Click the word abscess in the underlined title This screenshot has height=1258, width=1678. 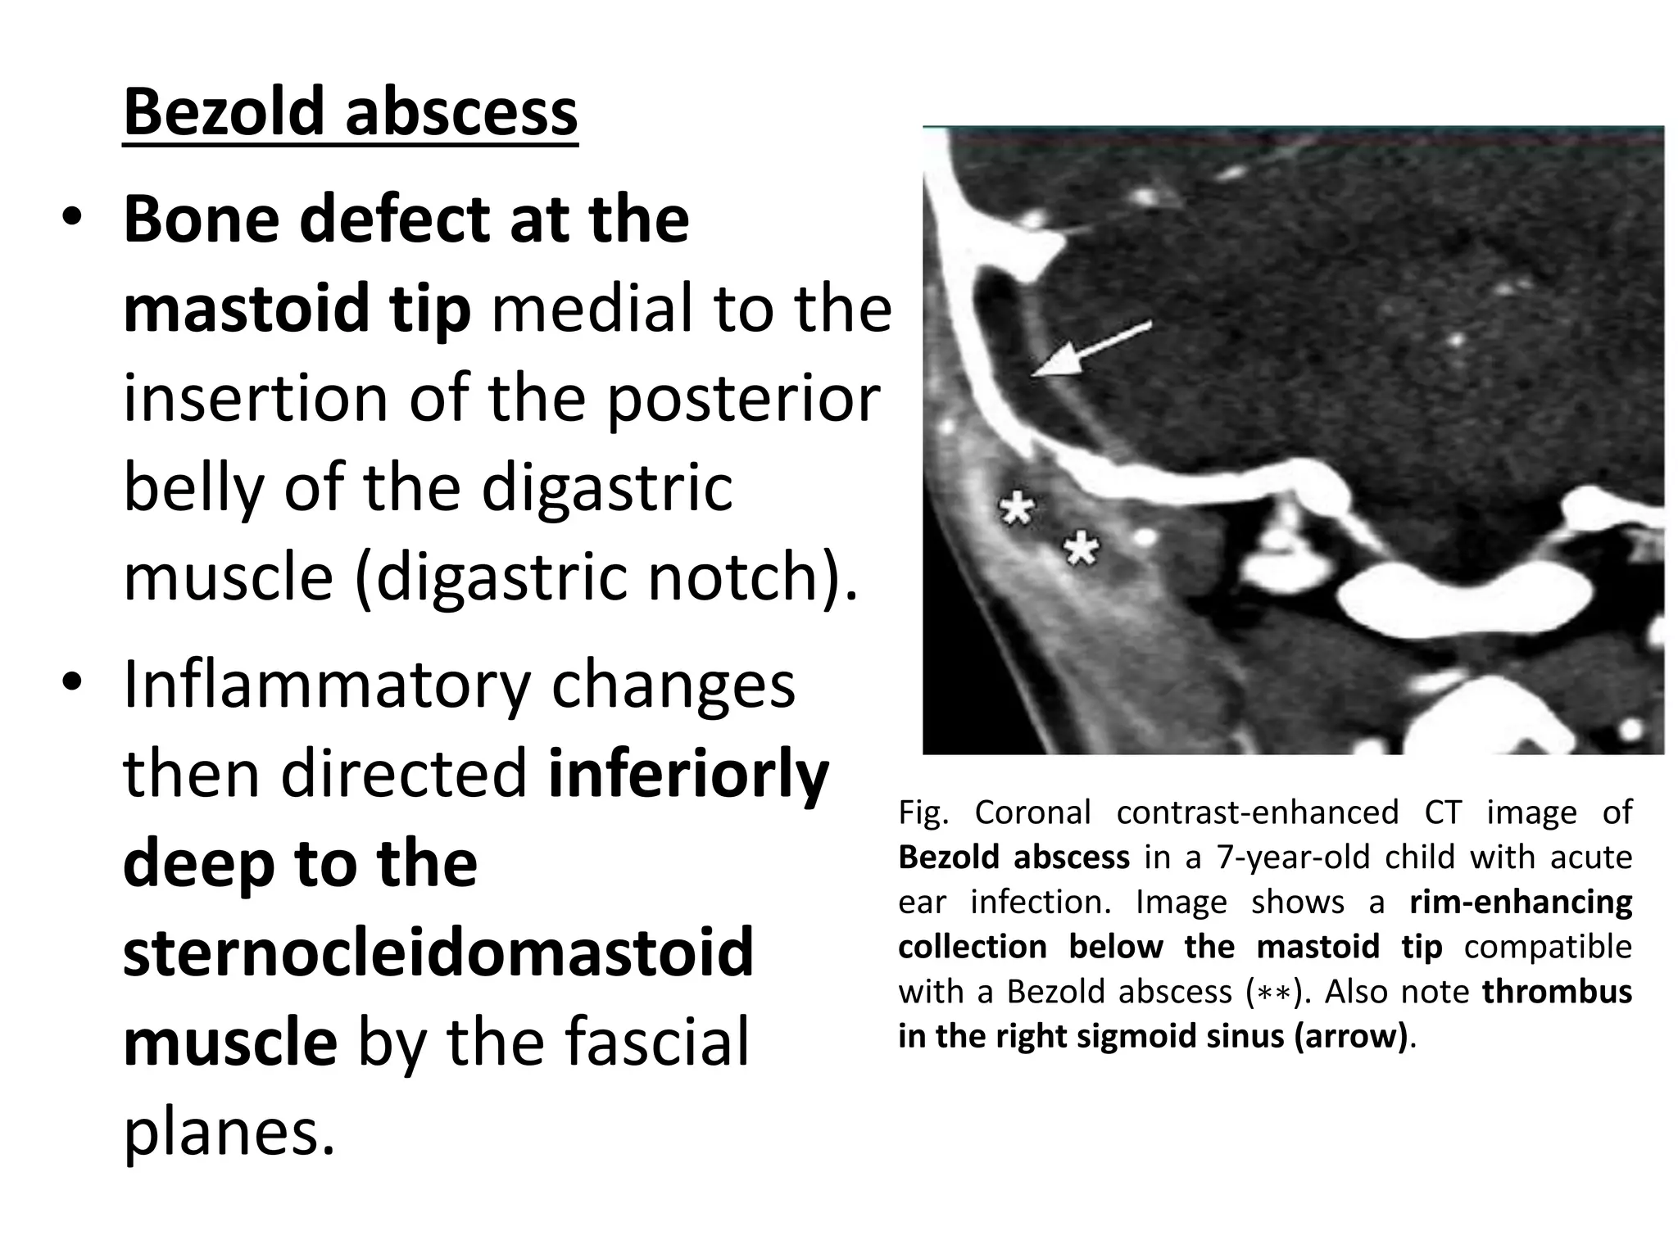(x=461, y=112)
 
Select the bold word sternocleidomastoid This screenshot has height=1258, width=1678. (x=438, y=953)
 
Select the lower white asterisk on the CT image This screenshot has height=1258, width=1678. (x=1082, y=548)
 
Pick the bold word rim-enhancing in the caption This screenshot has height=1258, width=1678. (x=1521, y=902)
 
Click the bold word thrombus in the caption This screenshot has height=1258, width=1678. (x=1557, y=991)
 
